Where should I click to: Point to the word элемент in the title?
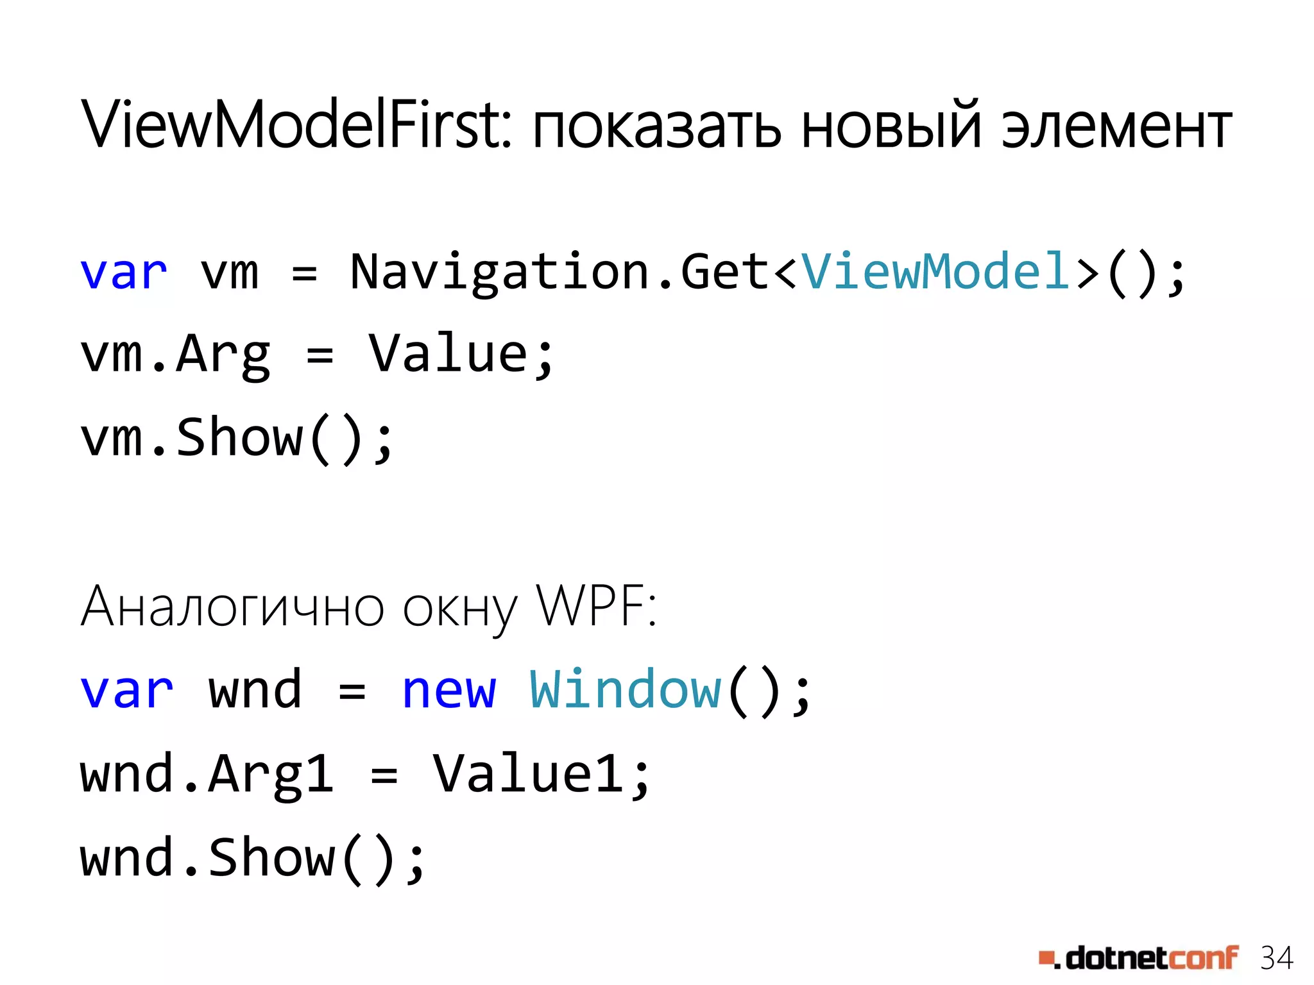[1116, 128]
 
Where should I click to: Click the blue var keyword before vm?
[124, 273]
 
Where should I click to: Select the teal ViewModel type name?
[935, 272]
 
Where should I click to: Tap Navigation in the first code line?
[502, 273]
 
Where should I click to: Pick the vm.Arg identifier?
[175, 356]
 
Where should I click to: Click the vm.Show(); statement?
[236, 439]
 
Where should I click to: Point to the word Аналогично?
[232, 607]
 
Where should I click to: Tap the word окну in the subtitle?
[459, 609]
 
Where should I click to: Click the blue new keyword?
[449, 691]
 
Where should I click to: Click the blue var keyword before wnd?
[126, 692]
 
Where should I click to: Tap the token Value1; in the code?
[542, 774]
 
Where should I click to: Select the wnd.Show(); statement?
[252, 858]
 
